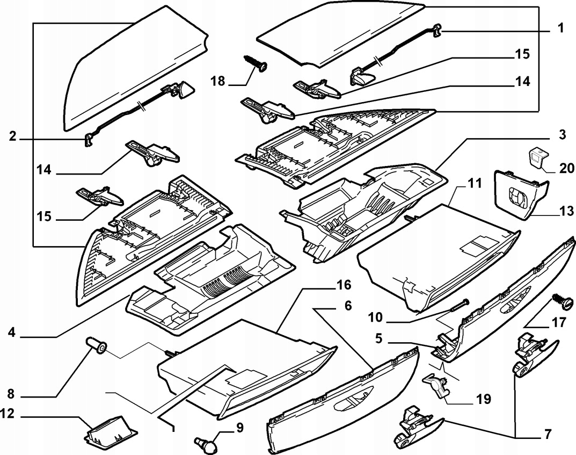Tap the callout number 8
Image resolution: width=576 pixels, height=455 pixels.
pos(11,392)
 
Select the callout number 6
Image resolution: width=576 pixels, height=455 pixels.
pos(348,306)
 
